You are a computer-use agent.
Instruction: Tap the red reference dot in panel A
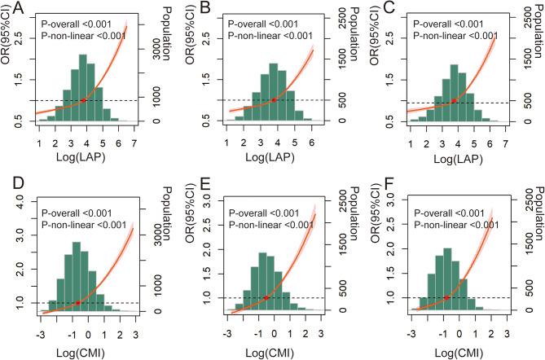click(x=83, y=100)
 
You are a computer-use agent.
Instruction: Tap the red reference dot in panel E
click(x=266, y=298)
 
